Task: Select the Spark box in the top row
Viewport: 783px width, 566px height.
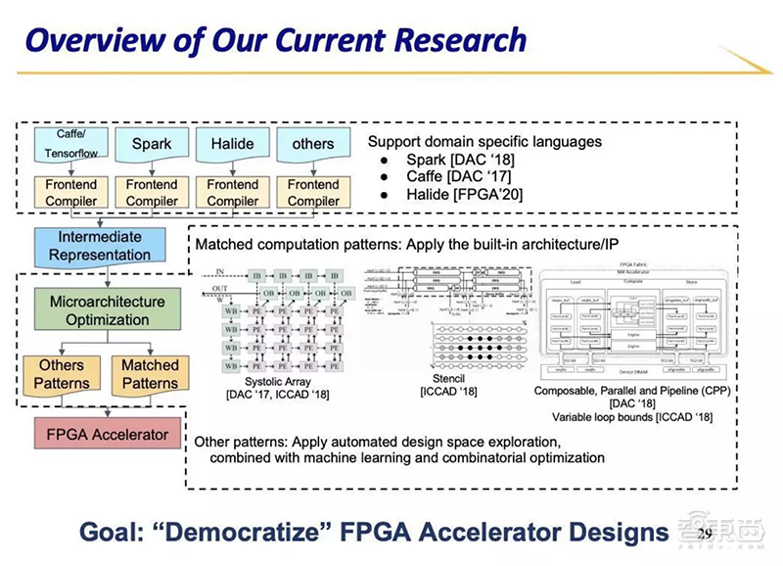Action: (153, 144)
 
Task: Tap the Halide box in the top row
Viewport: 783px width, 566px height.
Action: (233, 144)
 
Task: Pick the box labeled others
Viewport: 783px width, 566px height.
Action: (313, 144)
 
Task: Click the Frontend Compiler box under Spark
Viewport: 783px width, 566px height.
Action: (153, 192)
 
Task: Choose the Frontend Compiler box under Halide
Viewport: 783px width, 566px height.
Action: (233, 192)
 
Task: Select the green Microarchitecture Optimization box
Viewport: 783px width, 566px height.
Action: (108, 310)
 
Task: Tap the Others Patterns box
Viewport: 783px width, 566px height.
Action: (62, 374)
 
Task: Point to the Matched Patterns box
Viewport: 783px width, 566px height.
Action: (150, 374)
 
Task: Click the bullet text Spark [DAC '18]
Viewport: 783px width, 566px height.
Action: (460, 160)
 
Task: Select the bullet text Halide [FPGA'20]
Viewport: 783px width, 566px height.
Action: (466, 195)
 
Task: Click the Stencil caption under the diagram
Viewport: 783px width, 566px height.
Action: (448, 379)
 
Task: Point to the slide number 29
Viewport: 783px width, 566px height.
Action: (706, 533)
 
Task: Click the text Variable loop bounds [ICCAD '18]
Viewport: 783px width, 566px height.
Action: (631, 418)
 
